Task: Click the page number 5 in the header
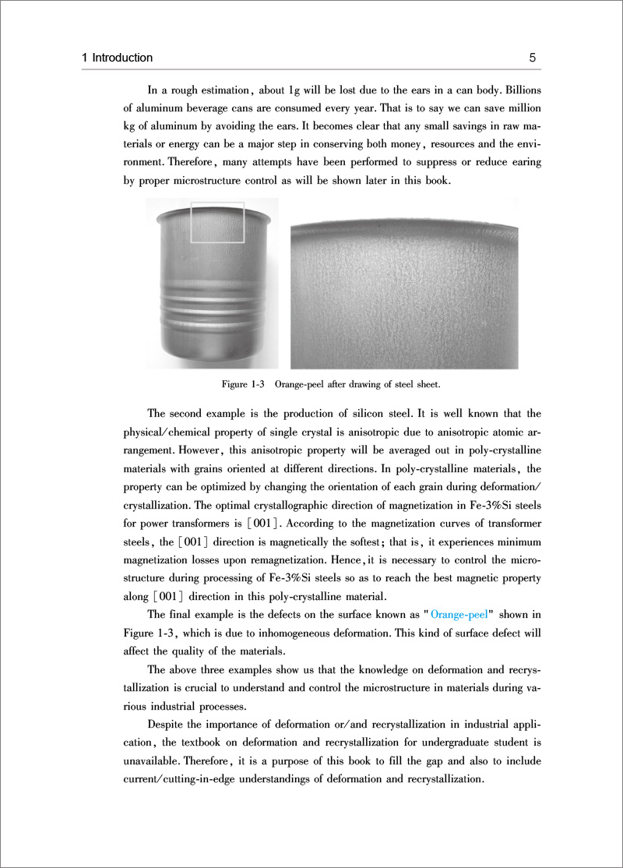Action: pyautogui.click(x=533, y=58)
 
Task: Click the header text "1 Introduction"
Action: pyautogui.click(x=118, y=58)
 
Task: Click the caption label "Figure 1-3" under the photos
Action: pyautogui.click(x=244, y=384)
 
